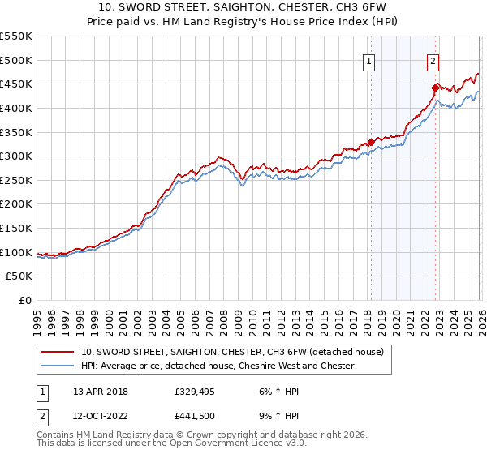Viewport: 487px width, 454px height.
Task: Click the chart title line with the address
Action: coord(243,8)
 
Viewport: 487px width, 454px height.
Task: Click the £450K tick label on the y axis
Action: coord(16,84)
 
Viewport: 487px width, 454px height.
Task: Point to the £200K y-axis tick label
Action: coord(16,203)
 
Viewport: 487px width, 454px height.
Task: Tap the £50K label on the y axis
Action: coord(19,276)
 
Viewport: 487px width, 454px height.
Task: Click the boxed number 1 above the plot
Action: coord(369,60)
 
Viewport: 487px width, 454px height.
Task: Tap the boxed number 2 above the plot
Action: coord(433,60)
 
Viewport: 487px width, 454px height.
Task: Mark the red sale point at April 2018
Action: coord(371,142)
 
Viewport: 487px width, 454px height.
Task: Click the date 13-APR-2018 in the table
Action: coord(101,391)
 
